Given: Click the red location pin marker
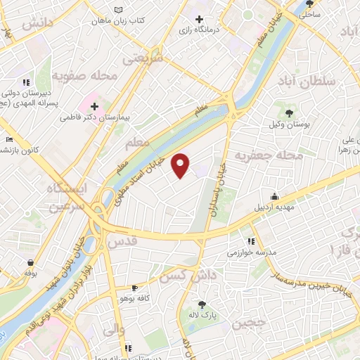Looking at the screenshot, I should pos(181,165).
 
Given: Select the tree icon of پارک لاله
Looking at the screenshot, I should pos(202,304).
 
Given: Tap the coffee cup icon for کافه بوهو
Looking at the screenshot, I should pos(134,288).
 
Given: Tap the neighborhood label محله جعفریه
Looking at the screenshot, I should pos(268,155).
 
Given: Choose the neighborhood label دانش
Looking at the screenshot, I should pos(37,23).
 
